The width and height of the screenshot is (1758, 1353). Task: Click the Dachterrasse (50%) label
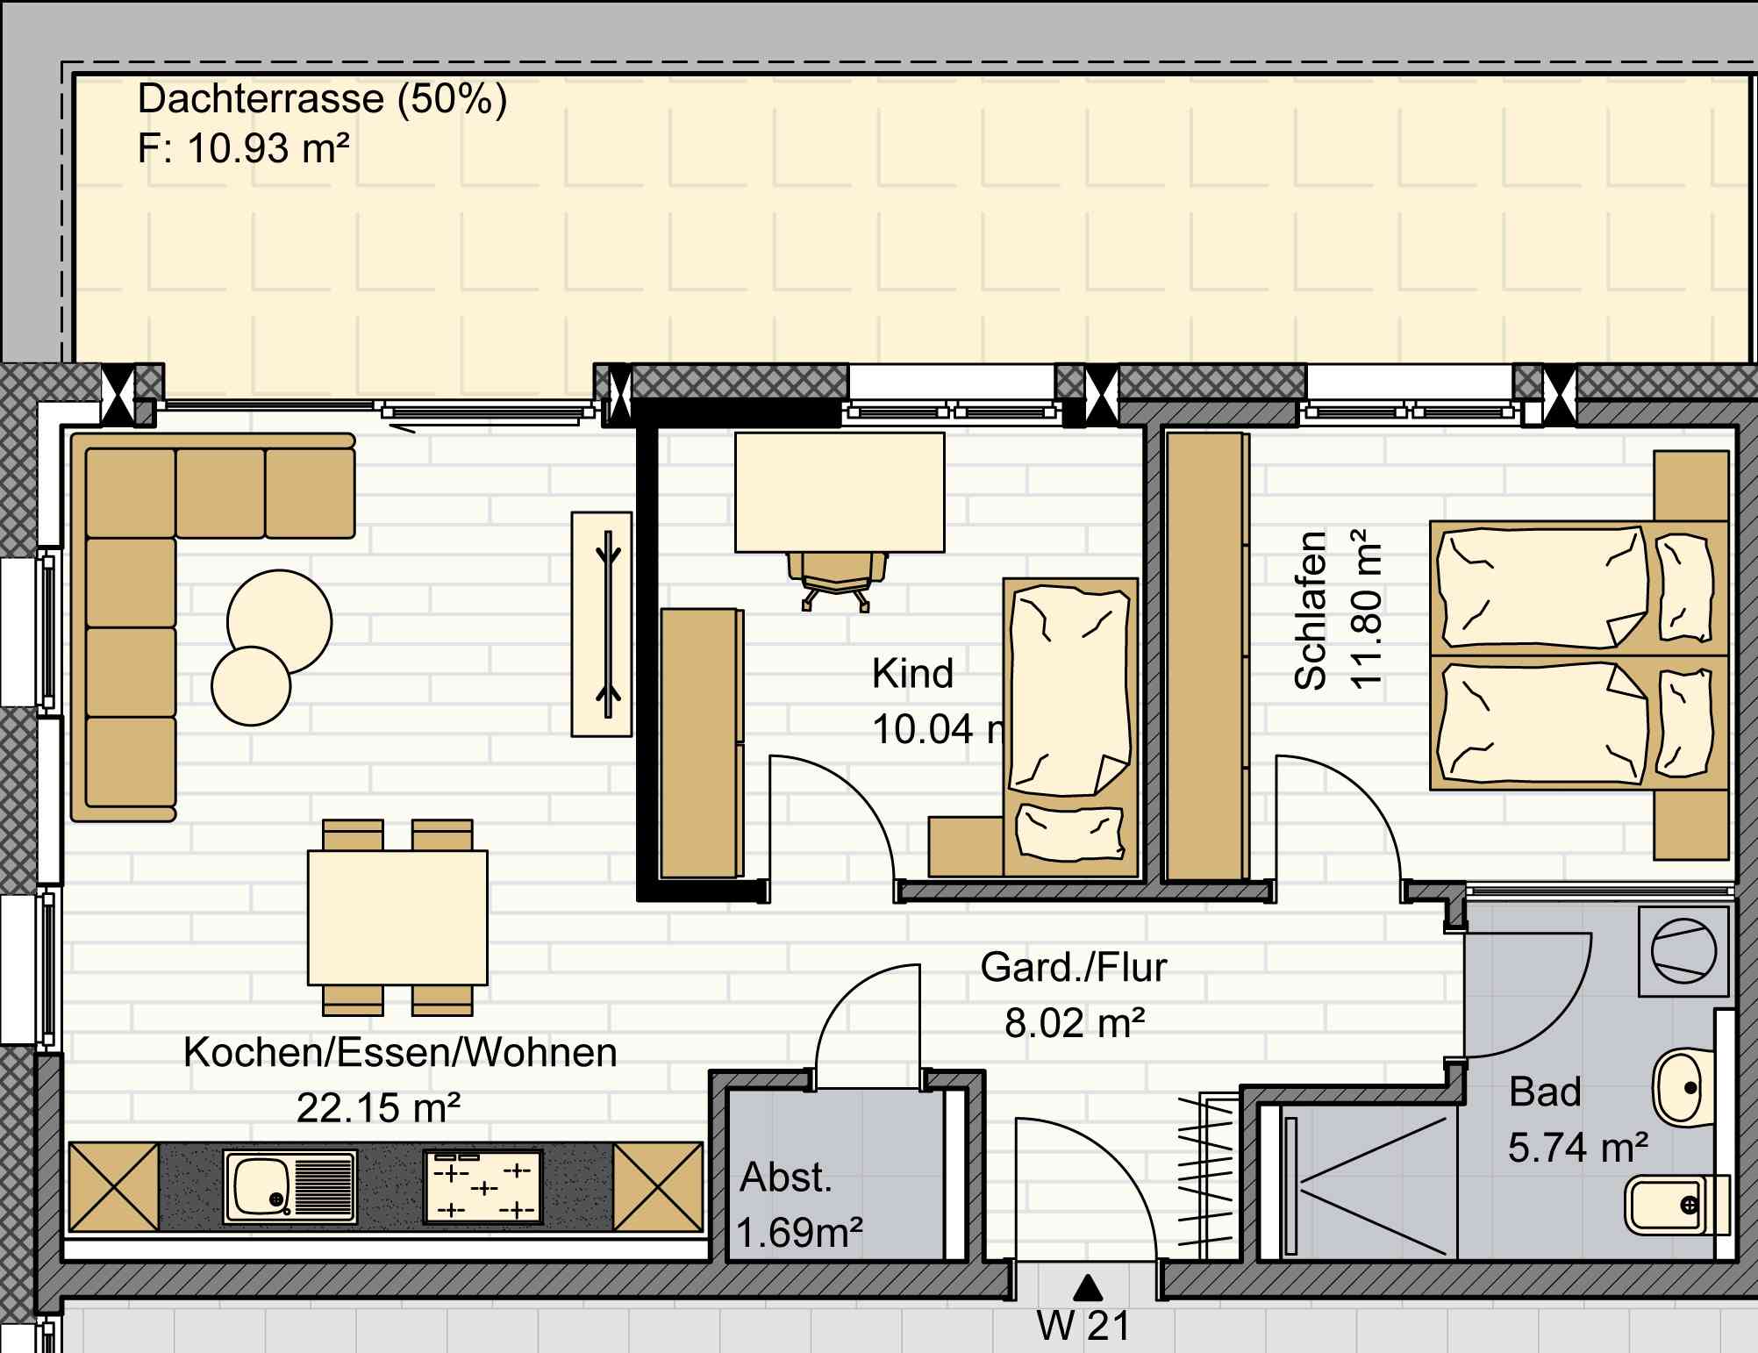[x=322, y=99]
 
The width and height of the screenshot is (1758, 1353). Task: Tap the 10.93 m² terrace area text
[x=268, y=148]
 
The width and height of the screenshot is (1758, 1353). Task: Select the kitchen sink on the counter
[x=290, y=1187]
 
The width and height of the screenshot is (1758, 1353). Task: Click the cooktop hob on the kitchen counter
[x=483, y=1187]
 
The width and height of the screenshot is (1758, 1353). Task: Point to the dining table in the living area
[x=397, y=918]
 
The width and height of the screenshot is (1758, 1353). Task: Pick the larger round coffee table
[x=280, y=622]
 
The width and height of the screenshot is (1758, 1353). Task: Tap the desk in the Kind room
[x=840, y=492]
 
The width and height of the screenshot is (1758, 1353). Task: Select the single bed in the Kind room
[x=1070, y=727]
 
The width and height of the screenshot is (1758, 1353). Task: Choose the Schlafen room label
[x=1310, y=610]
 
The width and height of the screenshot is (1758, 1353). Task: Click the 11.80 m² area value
[x=1366, y=608]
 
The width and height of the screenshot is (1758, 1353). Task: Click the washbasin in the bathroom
[x=1683, y=1088]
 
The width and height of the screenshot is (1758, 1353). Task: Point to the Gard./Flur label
[x=1074, y=968]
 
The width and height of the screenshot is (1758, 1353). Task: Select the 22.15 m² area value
[x=378, y=1108]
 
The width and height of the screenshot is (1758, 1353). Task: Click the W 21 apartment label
[x=1084, y=1326]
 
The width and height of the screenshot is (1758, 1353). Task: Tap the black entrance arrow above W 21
[x=1088, y=1286]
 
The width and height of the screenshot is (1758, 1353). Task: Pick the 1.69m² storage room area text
[x=799, y=1233]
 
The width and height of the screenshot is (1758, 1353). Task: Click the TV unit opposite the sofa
[x=602, y=624]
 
